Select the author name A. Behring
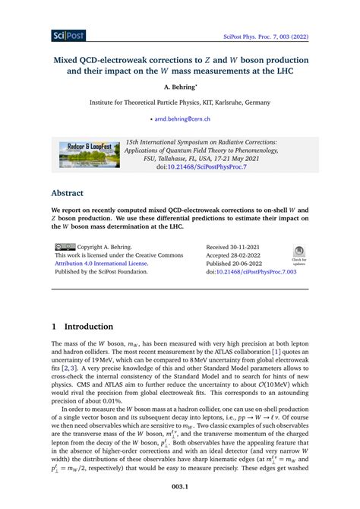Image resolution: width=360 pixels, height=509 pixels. (180, 87)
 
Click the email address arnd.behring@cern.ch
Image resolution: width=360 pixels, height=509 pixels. (182, 119)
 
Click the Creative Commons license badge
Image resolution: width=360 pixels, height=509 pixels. (65, 247)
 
